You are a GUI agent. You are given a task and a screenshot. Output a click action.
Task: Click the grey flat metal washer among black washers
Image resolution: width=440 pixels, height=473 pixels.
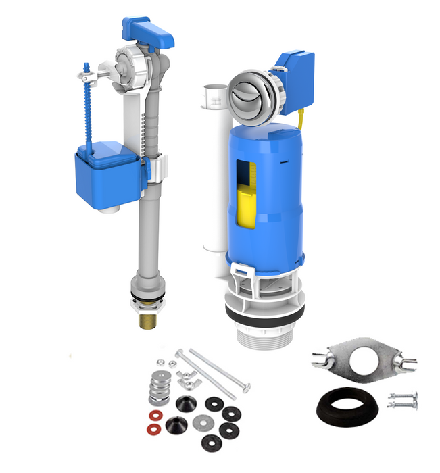[x=201, y=422]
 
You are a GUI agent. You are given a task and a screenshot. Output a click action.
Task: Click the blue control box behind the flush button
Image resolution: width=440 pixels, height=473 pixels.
[x=295, y=75]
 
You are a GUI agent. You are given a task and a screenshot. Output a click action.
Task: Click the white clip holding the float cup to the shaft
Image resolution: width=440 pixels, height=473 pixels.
[x=156, y=169]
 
